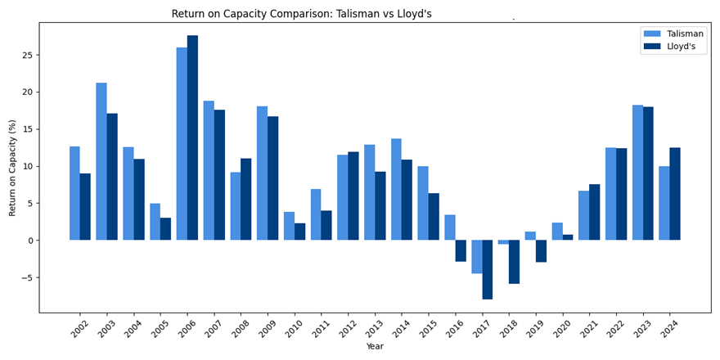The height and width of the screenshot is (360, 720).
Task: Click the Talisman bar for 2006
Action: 182,144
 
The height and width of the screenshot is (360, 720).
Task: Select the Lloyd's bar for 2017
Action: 488,269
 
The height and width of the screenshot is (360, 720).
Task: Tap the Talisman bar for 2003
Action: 101,161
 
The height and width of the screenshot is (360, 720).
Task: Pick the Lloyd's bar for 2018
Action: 515,262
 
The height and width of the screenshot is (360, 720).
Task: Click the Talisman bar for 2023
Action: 638,173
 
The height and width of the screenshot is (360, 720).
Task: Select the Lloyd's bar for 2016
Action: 461,250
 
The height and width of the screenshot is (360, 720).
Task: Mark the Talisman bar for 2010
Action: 289,226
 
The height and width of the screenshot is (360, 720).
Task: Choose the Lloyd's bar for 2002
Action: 85,207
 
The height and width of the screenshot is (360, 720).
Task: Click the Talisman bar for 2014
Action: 396,189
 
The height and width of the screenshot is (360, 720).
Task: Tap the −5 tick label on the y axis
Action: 28,277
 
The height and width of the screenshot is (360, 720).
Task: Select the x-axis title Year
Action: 375,346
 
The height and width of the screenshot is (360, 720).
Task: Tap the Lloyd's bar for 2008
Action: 246,200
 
